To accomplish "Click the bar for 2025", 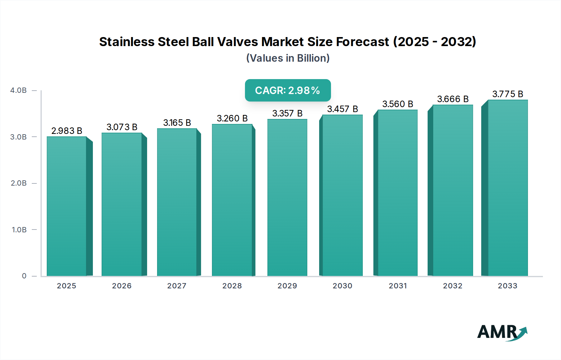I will pos(67,206).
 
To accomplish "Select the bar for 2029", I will pos(287,197).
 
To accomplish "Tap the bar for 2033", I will pos(507,188).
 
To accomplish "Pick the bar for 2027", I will pos(177,202).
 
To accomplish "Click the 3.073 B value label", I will pos(122,127).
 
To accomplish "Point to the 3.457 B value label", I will pos(342,109).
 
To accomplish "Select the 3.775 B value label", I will pos(507,94).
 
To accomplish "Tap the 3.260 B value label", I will pos(232,118).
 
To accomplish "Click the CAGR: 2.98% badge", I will pos(288,90).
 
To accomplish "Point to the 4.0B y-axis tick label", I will pos(18,90).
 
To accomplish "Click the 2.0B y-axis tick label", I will pos(19,183).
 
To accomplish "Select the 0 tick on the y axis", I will pos(24,276).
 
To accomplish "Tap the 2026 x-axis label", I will pos(122,286).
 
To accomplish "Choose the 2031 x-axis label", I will pos(398,286).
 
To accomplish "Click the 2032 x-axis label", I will pos(453,286).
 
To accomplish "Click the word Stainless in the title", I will pos(127,42).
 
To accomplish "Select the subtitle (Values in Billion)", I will pos(288,58).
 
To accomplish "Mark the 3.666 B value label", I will pos(453,99).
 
